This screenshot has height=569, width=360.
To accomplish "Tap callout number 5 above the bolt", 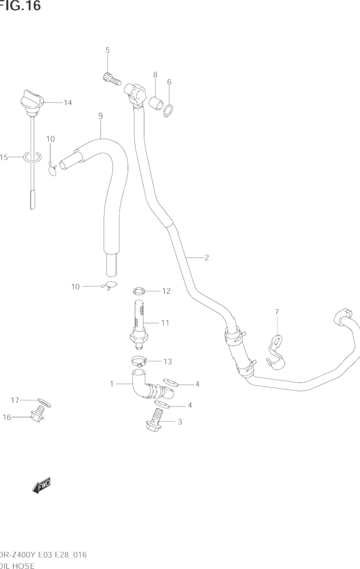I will (107, 50).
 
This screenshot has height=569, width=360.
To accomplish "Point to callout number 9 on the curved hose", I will (100, 116).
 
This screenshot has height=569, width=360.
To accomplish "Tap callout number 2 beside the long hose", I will (207, 258).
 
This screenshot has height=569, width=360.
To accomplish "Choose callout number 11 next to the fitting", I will (165, 323).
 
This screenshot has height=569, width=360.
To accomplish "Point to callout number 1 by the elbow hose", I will (112, 384).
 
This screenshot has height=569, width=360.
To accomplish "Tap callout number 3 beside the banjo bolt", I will (180, 422).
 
